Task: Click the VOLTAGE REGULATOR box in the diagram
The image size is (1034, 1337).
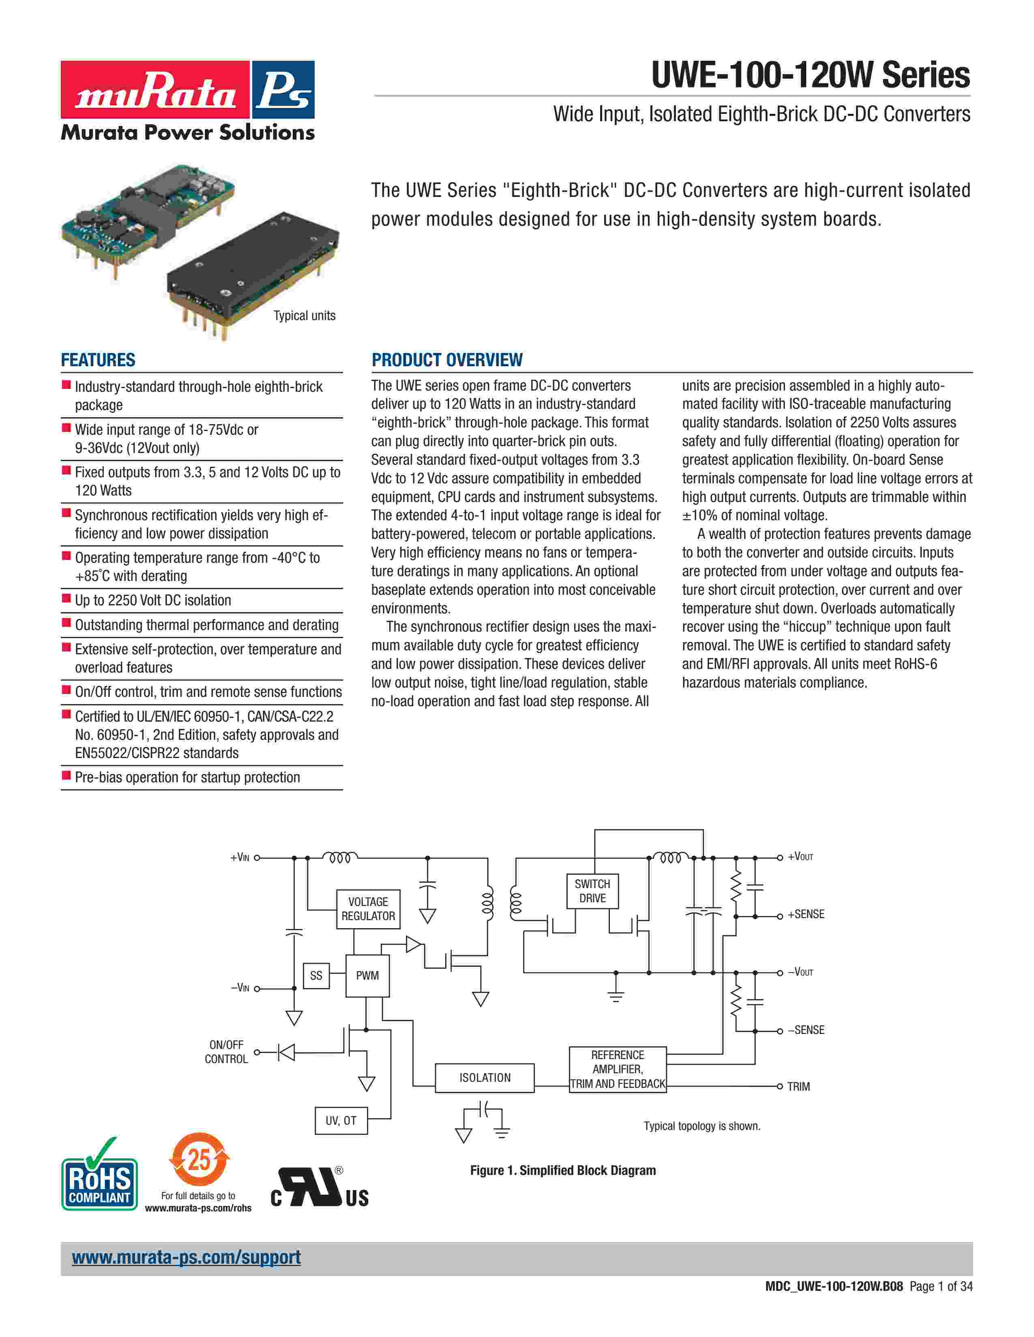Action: pyautogui.click(x=368, y=909)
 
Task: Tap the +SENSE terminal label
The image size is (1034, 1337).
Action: pyautogui.click(x=806, y=914)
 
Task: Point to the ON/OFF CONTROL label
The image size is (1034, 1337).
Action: pyautogui.click(x=226, y=1052)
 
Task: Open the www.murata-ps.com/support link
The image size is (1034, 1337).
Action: pyautogui.click(x=186, y=1258)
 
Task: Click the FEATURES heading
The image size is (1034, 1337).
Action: pyautogui.click(x=98, y=360)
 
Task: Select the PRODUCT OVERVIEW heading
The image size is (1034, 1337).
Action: pyautogui.click(x=447, y=360)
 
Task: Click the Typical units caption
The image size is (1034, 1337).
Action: pyautogui.click(x=305, y=316)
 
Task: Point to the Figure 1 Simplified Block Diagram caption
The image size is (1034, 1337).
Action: pyautogui.click(x=562, y=1170)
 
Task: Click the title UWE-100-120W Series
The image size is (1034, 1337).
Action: pyautogui.click(x=811, y=75)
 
